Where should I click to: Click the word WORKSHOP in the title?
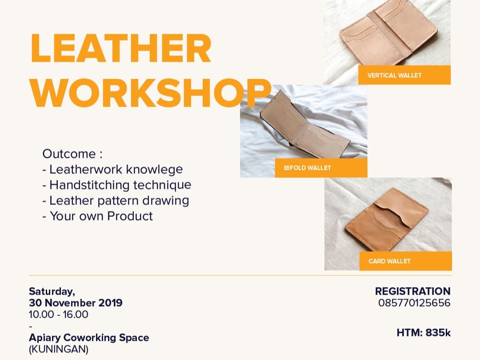pos(151,92)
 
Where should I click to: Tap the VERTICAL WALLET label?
pos(394,75)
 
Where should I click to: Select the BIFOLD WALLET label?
pos(308,168)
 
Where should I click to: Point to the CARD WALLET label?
pos(389,261)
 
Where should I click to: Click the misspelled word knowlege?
pos(154,170)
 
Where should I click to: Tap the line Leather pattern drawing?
pos(116,201)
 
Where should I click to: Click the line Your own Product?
pos(97,216)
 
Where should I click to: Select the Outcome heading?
pos(72,154)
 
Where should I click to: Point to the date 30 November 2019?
pos(76,303)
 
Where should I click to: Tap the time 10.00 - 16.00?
pos(59,314)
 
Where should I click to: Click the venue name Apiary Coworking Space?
pos(89,338)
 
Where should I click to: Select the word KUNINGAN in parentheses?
pos(59,349)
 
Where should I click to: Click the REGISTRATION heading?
pos(412,291)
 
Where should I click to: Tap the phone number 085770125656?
pos(414,303)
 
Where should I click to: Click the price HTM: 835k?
pos(424,332)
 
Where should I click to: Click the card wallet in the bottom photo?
pos(387,220)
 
